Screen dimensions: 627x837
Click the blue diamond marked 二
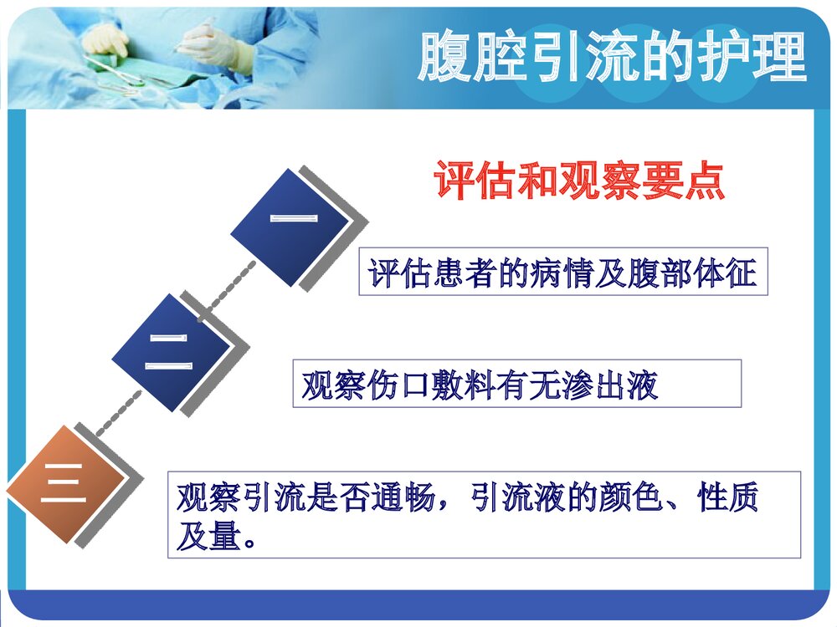coord(172,352)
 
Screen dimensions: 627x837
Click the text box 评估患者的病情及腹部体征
coord(562,273)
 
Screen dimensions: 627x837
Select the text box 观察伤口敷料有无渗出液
coord(516,385)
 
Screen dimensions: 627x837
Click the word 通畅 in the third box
coord(410,498)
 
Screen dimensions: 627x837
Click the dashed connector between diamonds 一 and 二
coord(227,292)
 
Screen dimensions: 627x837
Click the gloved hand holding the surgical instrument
coord(213,42)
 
